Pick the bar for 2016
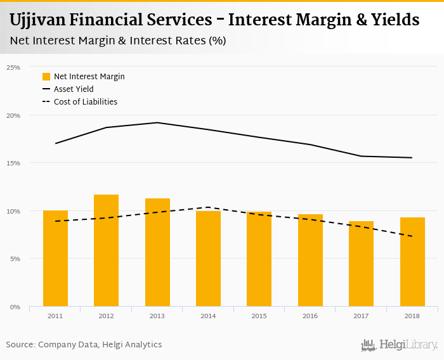click(310, 260)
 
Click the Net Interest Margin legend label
click(89, 77)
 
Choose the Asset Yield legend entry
click(74, 89)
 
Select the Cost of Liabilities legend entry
click(86, 102)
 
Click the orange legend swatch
click(46, 77)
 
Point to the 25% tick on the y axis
click(13, 67)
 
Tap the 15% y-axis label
click(13, 163)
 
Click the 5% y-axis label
click(15, 259)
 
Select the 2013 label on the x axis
click(157, 315)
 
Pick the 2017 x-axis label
click(361, 315)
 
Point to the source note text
click(84, 345)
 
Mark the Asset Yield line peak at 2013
click(157, 123)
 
